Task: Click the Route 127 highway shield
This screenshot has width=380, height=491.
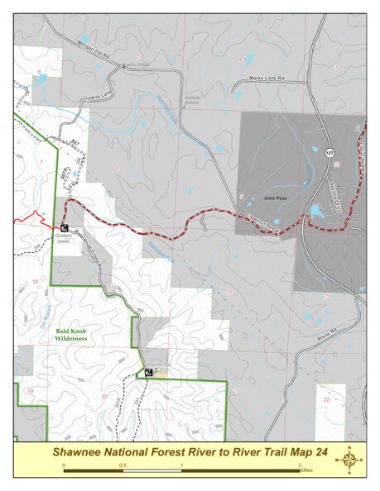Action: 329,153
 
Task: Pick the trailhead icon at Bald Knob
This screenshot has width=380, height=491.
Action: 148,373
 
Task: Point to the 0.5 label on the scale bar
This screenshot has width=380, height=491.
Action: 122,467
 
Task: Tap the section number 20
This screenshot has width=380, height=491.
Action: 103,396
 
